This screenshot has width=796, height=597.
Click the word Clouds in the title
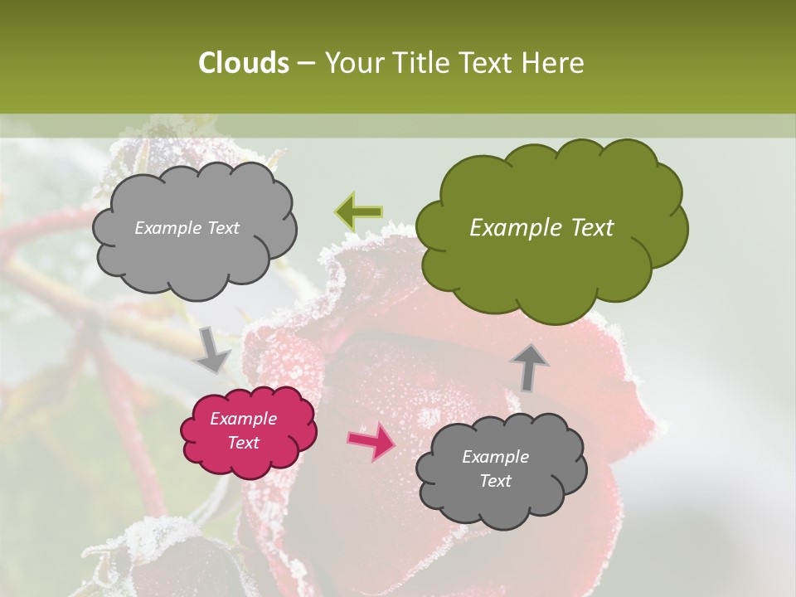tap(244, 63)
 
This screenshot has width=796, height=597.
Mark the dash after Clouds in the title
tap(307, 64)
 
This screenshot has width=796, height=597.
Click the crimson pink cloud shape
tap(249, 431)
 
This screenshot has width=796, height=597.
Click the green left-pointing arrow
tap(358, 211)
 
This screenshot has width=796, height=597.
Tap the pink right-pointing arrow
tap(371, 440)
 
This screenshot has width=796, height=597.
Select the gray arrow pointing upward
tap(529, 366)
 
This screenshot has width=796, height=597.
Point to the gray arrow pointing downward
tap(213, 349)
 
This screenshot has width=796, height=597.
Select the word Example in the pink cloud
tap(243, 419)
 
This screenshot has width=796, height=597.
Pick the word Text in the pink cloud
tap(243, 443)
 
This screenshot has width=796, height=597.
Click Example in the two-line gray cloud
tap(495, 457)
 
